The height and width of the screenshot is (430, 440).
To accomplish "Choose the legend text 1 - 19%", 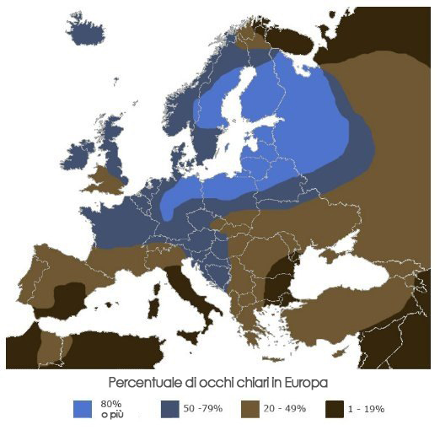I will [372, 409].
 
